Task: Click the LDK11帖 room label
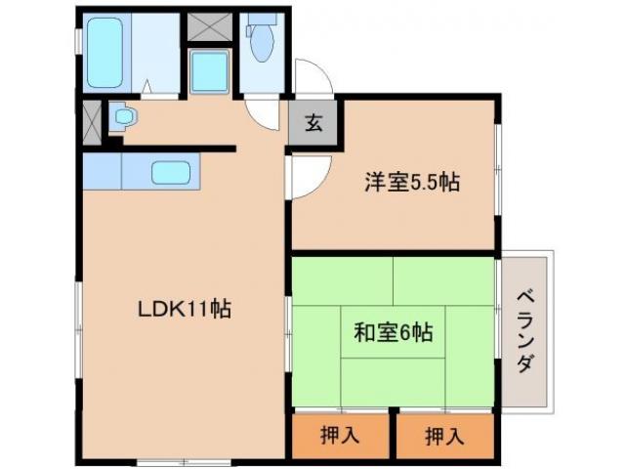(x=183, y=310)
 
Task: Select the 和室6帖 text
(x=393, y=332)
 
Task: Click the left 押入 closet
(x=339, y=435)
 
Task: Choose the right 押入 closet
(x=444, y=435)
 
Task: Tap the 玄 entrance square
(x=312, y=122)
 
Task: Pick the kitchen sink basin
(x=171, y=174)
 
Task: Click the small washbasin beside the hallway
(x=124, y=118)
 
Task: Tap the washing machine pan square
(x=209, y=70)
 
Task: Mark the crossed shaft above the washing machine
(x=209, y=26)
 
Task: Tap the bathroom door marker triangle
(x=146, y=88)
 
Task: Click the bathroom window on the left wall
(x=79, y=52)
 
